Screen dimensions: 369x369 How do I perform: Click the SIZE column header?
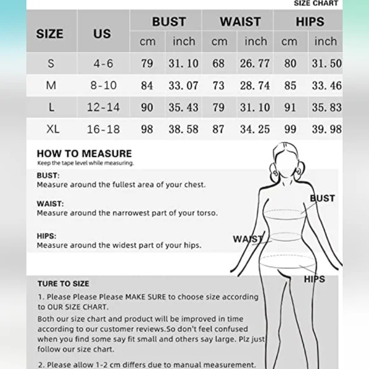[50, 34]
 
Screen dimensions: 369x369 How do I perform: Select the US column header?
[102, 34]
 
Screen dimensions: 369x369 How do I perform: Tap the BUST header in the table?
[169, 22]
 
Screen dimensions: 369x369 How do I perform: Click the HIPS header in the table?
[310, 22]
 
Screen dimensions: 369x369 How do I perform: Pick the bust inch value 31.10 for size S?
[184, 64]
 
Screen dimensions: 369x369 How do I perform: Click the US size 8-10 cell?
[102, 85]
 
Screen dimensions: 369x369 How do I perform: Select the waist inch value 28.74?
[255, 85]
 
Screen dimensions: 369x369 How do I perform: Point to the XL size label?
[53, 129]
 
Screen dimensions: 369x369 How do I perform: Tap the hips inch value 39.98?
[327, 129]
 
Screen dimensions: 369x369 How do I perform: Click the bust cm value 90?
[147, 108]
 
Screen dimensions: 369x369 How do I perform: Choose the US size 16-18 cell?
[103, 129]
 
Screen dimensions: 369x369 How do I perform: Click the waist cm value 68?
[218, 64]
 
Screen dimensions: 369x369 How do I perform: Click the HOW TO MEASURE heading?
[84, 153]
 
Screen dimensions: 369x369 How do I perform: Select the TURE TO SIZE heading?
[63, 284]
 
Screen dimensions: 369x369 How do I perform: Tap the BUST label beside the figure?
[322, 198]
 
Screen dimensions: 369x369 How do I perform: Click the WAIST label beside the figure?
[247, 239]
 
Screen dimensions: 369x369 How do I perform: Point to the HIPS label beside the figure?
[314, 279]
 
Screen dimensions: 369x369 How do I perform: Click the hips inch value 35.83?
[327, 108]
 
